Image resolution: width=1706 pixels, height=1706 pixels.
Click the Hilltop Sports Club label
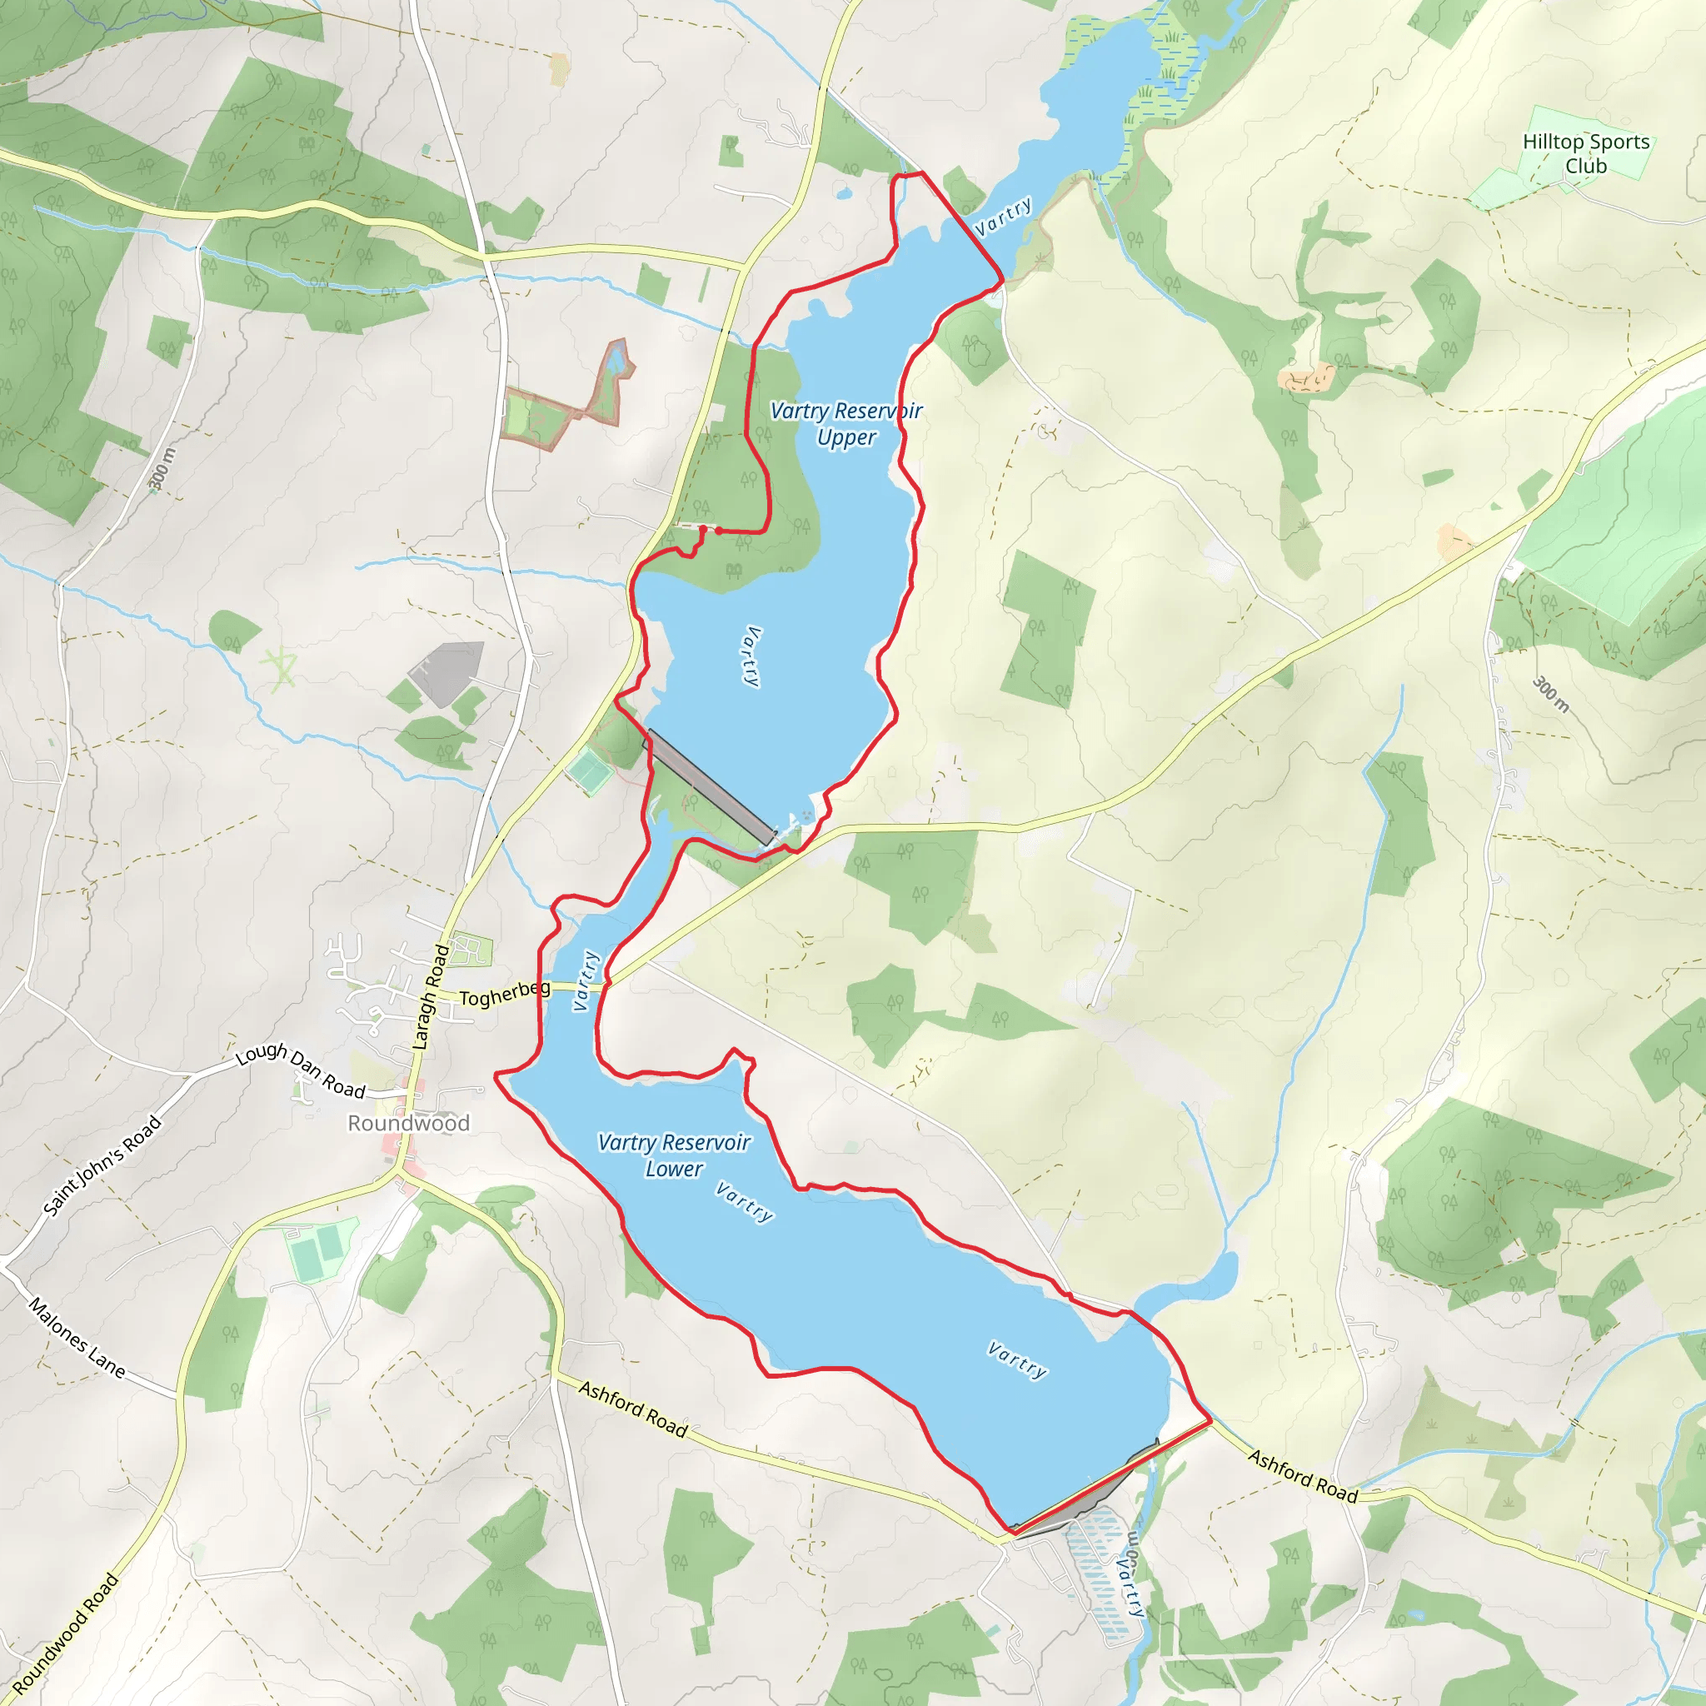pos(1586,153)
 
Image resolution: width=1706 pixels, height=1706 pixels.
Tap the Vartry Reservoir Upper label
pos(846,424)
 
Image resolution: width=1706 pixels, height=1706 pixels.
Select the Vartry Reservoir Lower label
pos(674,1155)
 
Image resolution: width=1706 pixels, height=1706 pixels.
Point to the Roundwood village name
pos(409,1123)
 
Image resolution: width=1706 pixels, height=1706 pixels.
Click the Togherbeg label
pos(504,995)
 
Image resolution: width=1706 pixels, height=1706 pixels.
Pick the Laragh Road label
pos(431,997)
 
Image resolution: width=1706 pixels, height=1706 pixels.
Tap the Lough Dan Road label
pos(300,1070)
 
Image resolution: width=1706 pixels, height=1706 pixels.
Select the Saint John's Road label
pos(103,1165)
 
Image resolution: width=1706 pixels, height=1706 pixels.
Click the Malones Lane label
pos(77,1338)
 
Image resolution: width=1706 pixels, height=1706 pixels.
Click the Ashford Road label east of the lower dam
pos(1303,1475)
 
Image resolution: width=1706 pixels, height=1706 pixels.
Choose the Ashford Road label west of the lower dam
pos(633,1409)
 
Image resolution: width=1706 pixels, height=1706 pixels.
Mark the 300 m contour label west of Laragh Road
pos(162,469)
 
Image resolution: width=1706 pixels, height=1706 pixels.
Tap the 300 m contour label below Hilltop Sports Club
pos(1551,694)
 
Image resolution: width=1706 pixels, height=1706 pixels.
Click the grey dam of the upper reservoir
pos(711,786)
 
